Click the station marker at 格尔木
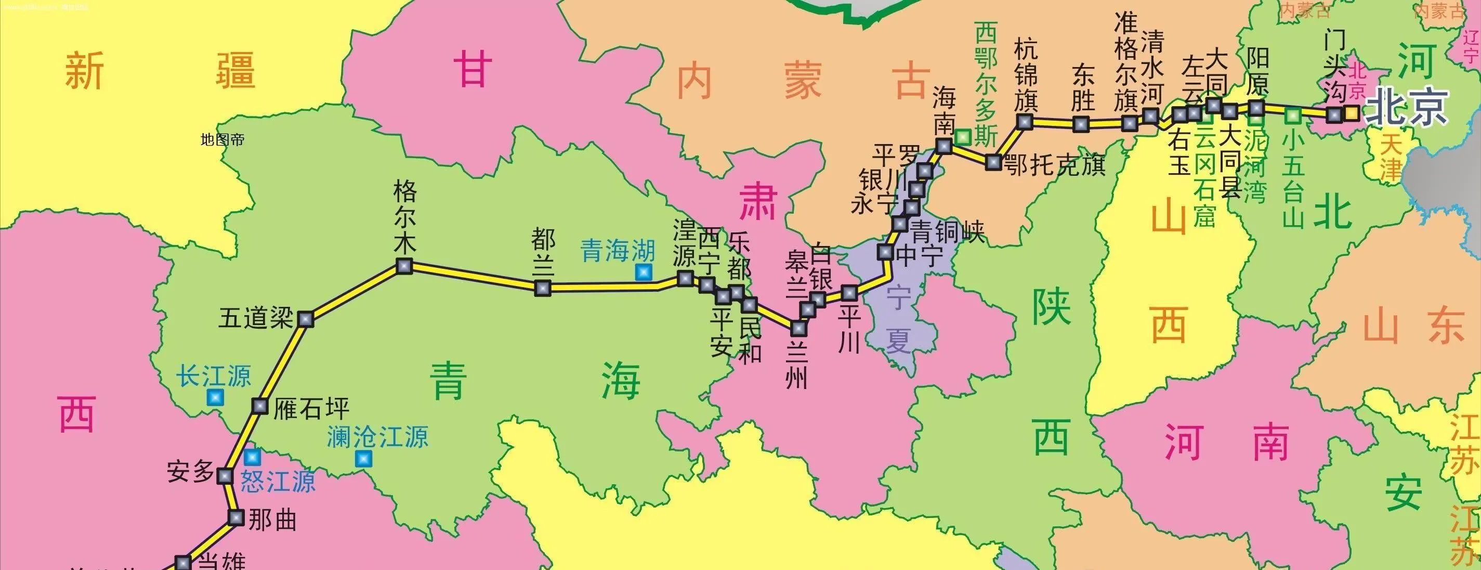pyautogui.click(x=404, y=266)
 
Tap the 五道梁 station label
pyautogui.click(x=256, y=319)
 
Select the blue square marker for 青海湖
pyautogui.click(x=644, y=272)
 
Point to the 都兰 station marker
pyautogui.click(x=542, y=288)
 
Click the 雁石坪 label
pyautogui.click(x=311, y=409)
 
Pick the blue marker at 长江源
pyautogui.click(x=216, y=397)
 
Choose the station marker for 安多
pyautogui.click(x=224, y=476)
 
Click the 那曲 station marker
pyautogui.click(x=235, y=517)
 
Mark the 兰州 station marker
pyautogui.click(x=798, y=328)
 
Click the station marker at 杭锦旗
pyautogui.click(x=1024, y=121)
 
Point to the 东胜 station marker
pyautogui.click(x=1081, y=124)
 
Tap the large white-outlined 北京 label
pyautogui.click(x=1406, y=108)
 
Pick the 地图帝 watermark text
pyautogui.click(x=222, y=140)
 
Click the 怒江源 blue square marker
pyautogui.click(x=252, y=457)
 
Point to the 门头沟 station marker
pyautogui.click(x=1334, y=115)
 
